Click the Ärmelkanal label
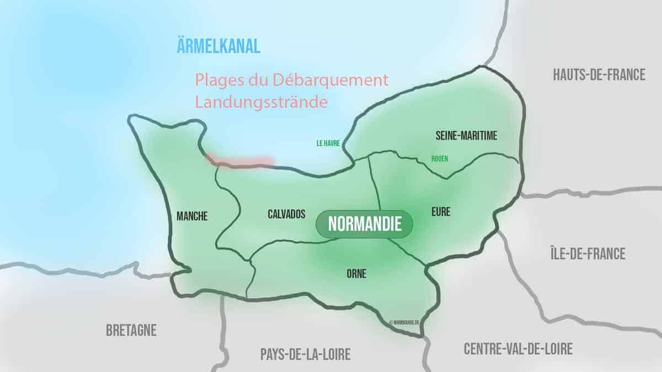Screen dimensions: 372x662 coord(218,46)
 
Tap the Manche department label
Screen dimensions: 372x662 coord(192,217)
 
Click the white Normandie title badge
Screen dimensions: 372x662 coord(364,224)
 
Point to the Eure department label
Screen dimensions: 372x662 coord(441,211)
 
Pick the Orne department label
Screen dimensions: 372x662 coord(356,273)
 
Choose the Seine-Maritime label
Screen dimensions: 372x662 coord(466,136)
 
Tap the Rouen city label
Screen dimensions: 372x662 coord(440,159)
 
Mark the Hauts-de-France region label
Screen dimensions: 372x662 coord(599,75)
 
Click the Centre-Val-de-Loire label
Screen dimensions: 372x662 coord(518,348)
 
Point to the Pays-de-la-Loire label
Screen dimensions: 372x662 coord(305,354)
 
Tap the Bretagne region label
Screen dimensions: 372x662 coord(131,331)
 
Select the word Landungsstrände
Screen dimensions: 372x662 coord(257,103)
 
